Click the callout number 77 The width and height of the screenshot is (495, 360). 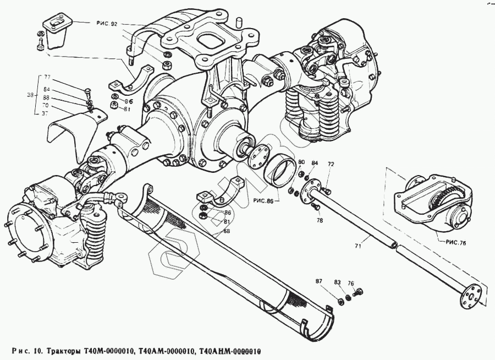point(47,78)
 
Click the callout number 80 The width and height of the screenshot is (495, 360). point(301,162)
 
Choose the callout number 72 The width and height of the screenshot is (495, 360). point(331,165)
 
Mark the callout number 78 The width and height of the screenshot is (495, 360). point(321,220)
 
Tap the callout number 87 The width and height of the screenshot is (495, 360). point(318,281)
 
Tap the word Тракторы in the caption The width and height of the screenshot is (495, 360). point(64,351)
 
